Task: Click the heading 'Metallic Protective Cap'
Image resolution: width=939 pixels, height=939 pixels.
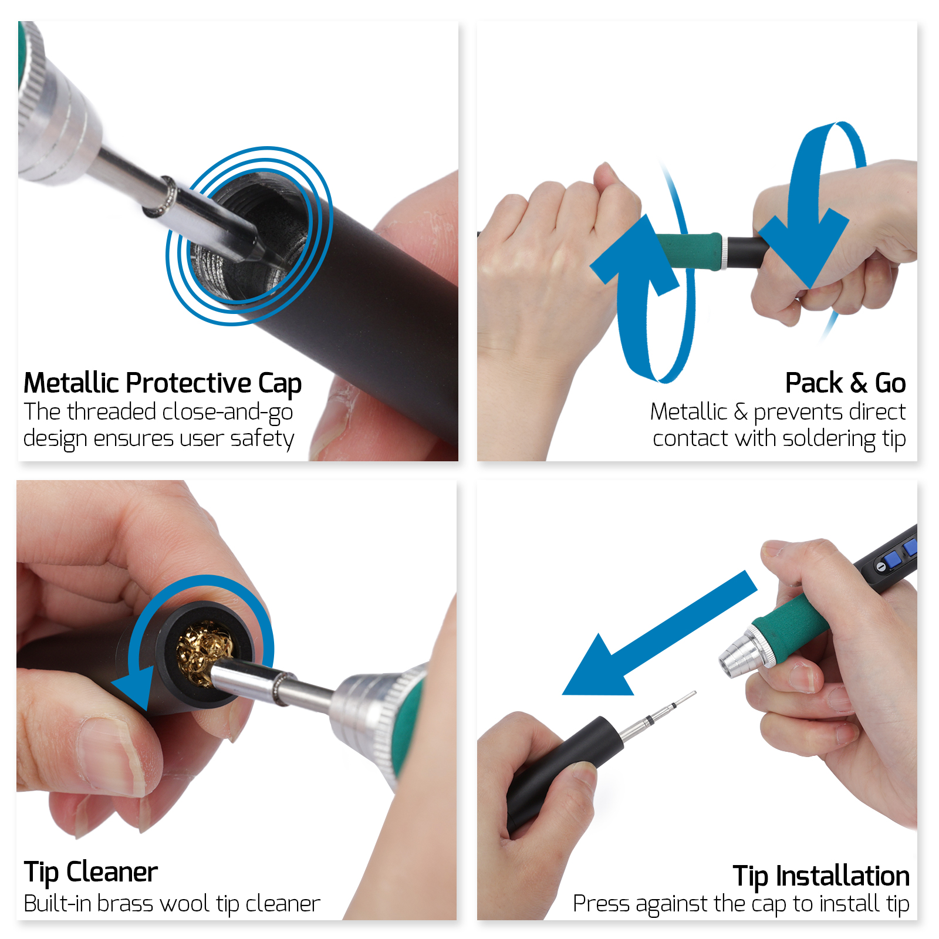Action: (x=162, y=383)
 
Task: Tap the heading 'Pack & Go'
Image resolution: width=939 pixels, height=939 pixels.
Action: (x=845, y=383)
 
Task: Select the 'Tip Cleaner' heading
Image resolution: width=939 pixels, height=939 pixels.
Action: (x=90, y=872)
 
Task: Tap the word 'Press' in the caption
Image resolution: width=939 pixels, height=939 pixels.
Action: (x=601, y=903)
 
